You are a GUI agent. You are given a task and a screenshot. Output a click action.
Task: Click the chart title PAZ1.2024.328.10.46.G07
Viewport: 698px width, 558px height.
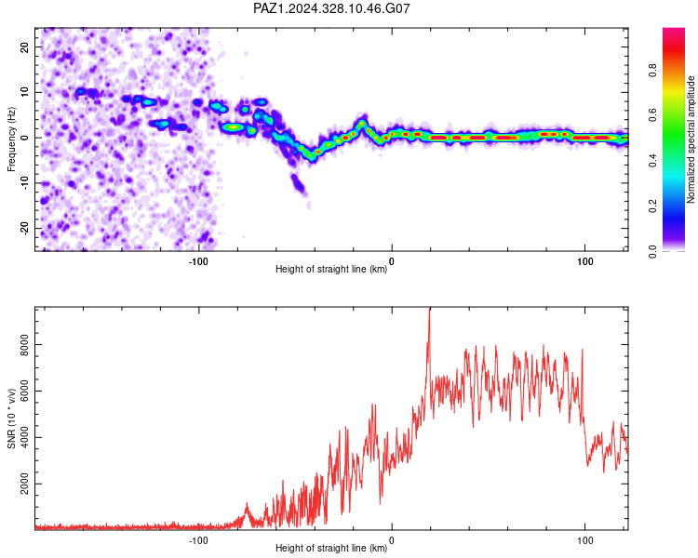(x=331, y=8)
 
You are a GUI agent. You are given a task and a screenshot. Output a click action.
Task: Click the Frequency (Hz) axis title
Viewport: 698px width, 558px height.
(x=11, y=139)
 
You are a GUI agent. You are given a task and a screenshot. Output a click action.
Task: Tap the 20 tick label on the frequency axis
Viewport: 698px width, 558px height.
(x=24, y=46)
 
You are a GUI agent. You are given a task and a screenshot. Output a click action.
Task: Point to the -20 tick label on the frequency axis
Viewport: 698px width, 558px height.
(x=24, y=228)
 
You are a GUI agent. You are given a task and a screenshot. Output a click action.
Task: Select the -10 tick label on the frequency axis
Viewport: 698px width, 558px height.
(x=24, y=183)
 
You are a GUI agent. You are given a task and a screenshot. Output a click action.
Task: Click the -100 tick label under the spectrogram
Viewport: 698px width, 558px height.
(x=198, y=261)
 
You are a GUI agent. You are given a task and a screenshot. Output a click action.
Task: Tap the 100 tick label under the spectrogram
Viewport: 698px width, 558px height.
(x=585, y=261)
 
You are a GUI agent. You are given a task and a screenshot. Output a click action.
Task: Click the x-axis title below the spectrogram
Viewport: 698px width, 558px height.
(x=331, y=269)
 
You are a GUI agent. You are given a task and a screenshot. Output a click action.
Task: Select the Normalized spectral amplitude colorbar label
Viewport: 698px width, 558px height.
(x=691, y=139)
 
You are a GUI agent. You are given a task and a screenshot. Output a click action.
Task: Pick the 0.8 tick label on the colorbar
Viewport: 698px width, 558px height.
(x=652, y=71)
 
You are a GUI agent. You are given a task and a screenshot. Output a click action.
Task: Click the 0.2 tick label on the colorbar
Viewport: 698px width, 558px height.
(x=652, y=206)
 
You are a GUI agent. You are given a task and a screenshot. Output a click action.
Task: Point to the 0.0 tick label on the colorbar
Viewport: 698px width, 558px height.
(x=652, y=251)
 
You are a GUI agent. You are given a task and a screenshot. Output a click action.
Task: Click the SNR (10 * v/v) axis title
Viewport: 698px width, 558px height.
(x=11, y=418)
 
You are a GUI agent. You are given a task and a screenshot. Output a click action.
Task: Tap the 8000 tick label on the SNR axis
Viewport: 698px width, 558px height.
(x=24, y=345)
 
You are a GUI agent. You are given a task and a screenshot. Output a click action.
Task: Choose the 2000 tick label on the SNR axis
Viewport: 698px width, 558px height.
(x=24, y=484)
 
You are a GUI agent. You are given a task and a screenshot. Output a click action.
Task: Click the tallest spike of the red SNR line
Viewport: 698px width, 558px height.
(x=430, y=308)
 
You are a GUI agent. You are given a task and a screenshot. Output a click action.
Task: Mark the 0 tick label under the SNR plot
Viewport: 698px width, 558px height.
(x=392, y=540)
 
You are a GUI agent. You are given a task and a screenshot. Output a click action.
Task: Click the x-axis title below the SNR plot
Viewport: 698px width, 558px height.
(x=331, y=548)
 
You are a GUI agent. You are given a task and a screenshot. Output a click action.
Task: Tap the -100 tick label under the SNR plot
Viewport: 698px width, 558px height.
(x=198, y=540)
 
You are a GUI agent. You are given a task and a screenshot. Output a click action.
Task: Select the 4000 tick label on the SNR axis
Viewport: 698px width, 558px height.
(x=24, y=437)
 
